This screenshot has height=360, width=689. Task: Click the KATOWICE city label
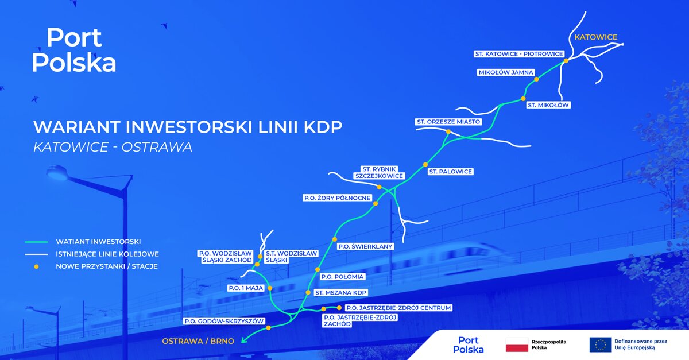[597, 37]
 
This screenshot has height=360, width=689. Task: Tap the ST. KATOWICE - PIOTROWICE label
[518, 53]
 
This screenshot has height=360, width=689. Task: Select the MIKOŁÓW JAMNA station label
[506, 73]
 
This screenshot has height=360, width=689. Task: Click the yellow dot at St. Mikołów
[523, 99]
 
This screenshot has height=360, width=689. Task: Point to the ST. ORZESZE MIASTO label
[448, 122]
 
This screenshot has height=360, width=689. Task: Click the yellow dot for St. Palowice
[425, 164]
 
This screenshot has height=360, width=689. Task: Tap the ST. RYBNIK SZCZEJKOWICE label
[382, 172]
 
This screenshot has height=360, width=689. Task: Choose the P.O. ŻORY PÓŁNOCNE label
[337, 198]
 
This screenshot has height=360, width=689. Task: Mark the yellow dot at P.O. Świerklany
[335, 239]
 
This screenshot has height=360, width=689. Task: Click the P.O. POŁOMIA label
[342, 277]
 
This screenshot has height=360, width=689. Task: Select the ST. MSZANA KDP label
[340, 293]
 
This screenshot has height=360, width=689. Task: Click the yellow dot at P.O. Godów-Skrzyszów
[268, 328]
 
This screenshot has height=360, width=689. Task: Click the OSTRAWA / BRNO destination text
[198, 341]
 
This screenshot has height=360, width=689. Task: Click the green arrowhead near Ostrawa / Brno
[243, 340]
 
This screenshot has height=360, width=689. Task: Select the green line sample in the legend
[36, 242]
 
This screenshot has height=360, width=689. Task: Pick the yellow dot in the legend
[36, 266]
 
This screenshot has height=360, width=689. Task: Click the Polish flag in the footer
[516, 345]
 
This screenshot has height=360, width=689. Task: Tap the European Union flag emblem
[600, 345]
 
